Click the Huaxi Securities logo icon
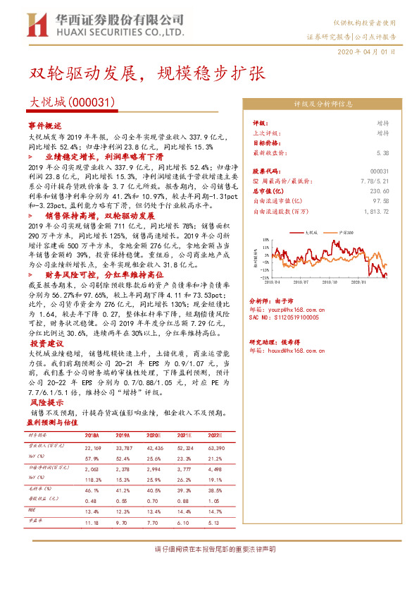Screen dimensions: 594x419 pyautogui.click(x=35, y=25)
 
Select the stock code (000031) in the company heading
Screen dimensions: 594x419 pyautogui.click(x=90, y=102)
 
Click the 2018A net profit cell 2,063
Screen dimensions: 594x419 pyautogui.click(x=92, y=467)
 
